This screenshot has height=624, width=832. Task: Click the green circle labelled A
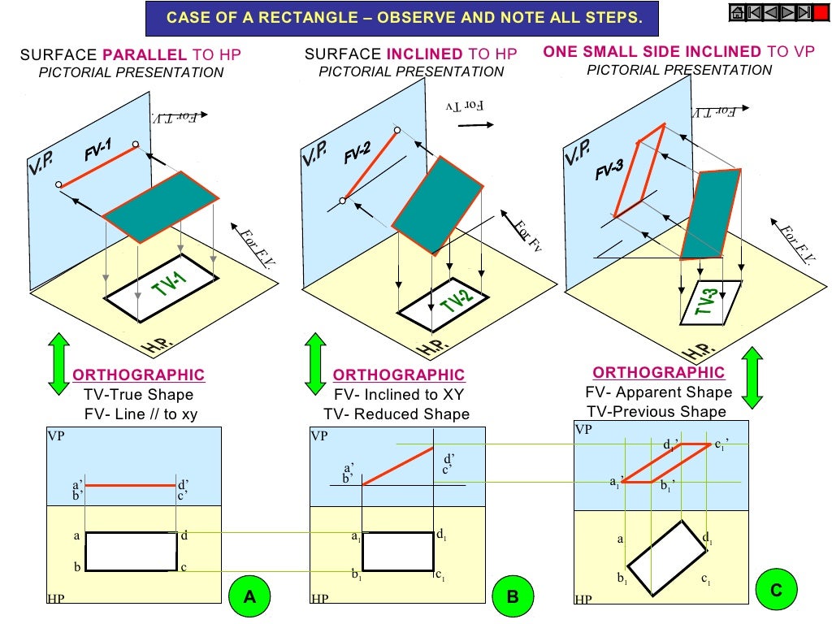pos(249,597)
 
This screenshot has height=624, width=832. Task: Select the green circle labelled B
pos(513,597)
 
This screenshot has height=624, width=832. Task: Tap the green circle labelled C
pos(776,591)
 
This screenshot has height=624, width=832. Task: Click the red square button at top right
pos(821,12)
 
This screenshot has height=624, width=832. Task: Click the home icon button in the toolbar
pos(737,12)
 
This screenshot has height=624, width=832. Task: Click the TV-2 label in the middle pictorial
pos(457,302)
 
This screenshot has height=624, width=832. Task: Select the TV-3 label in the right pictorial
pos(708,302)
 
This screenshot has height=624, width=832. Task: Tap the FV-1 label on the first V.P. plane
pos(97,152)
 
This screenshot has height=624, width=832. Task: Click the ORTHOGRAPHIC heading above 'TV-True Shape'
pos(139,375)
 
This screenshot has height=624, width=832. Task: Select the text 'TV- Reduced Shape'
pos(396,414)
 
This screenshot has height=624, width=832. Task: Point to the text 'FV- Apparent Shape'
pos(658,392)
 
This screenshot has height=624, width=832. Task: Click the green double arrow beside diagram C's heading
pos(752,378)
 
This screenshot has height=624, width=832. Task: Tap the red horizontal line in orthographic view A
pos(131,486)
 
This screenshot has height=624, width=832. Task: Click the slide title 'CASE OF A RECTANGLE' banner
pos(403,17)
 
